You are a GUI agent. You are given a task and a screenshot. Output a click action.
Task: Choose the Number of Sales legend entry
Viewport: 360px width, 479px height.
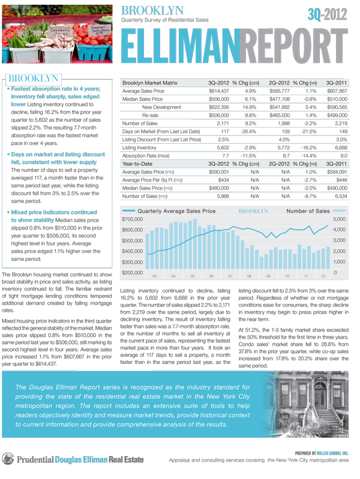[308, 212]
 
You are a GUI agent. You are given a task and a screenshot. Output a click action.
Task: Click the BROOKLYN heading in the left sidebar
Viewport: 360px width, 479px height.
[34, 78]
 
